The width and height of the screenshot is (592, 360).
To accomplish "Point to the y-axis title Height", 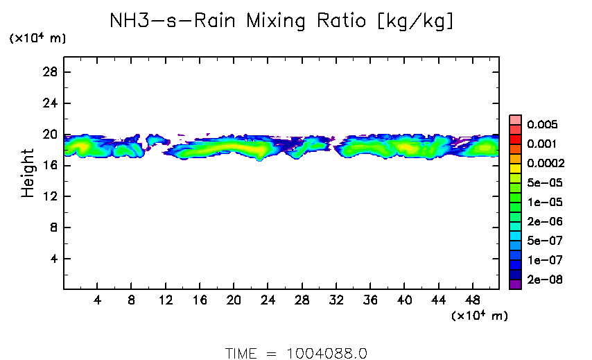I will point(28,173).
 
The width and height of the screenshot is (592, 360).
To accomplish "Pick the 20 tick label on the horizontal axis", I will point(234,301).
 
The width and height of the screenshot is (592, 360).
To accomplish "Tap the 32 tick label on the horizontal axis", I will point(336,301).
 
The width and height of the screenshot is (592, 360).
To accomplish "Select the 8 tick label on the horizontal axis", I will point(132,301).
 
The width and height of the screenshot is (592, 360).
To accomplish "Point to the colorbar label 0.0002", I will point(544,164).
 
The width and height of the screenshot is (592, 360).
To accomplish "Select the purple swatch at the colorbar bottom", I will point(515,284).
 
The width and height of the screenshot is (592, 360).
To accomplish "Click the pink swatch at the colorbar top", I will point(515,119).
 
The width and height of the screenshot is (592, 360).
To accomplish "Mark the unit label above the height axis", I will point(37,39).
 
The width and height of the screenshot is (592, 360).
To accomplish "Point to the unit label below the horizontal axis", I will point(479,316).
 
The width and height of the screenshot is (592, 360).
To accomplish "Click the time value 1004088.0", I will point(327,353).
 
